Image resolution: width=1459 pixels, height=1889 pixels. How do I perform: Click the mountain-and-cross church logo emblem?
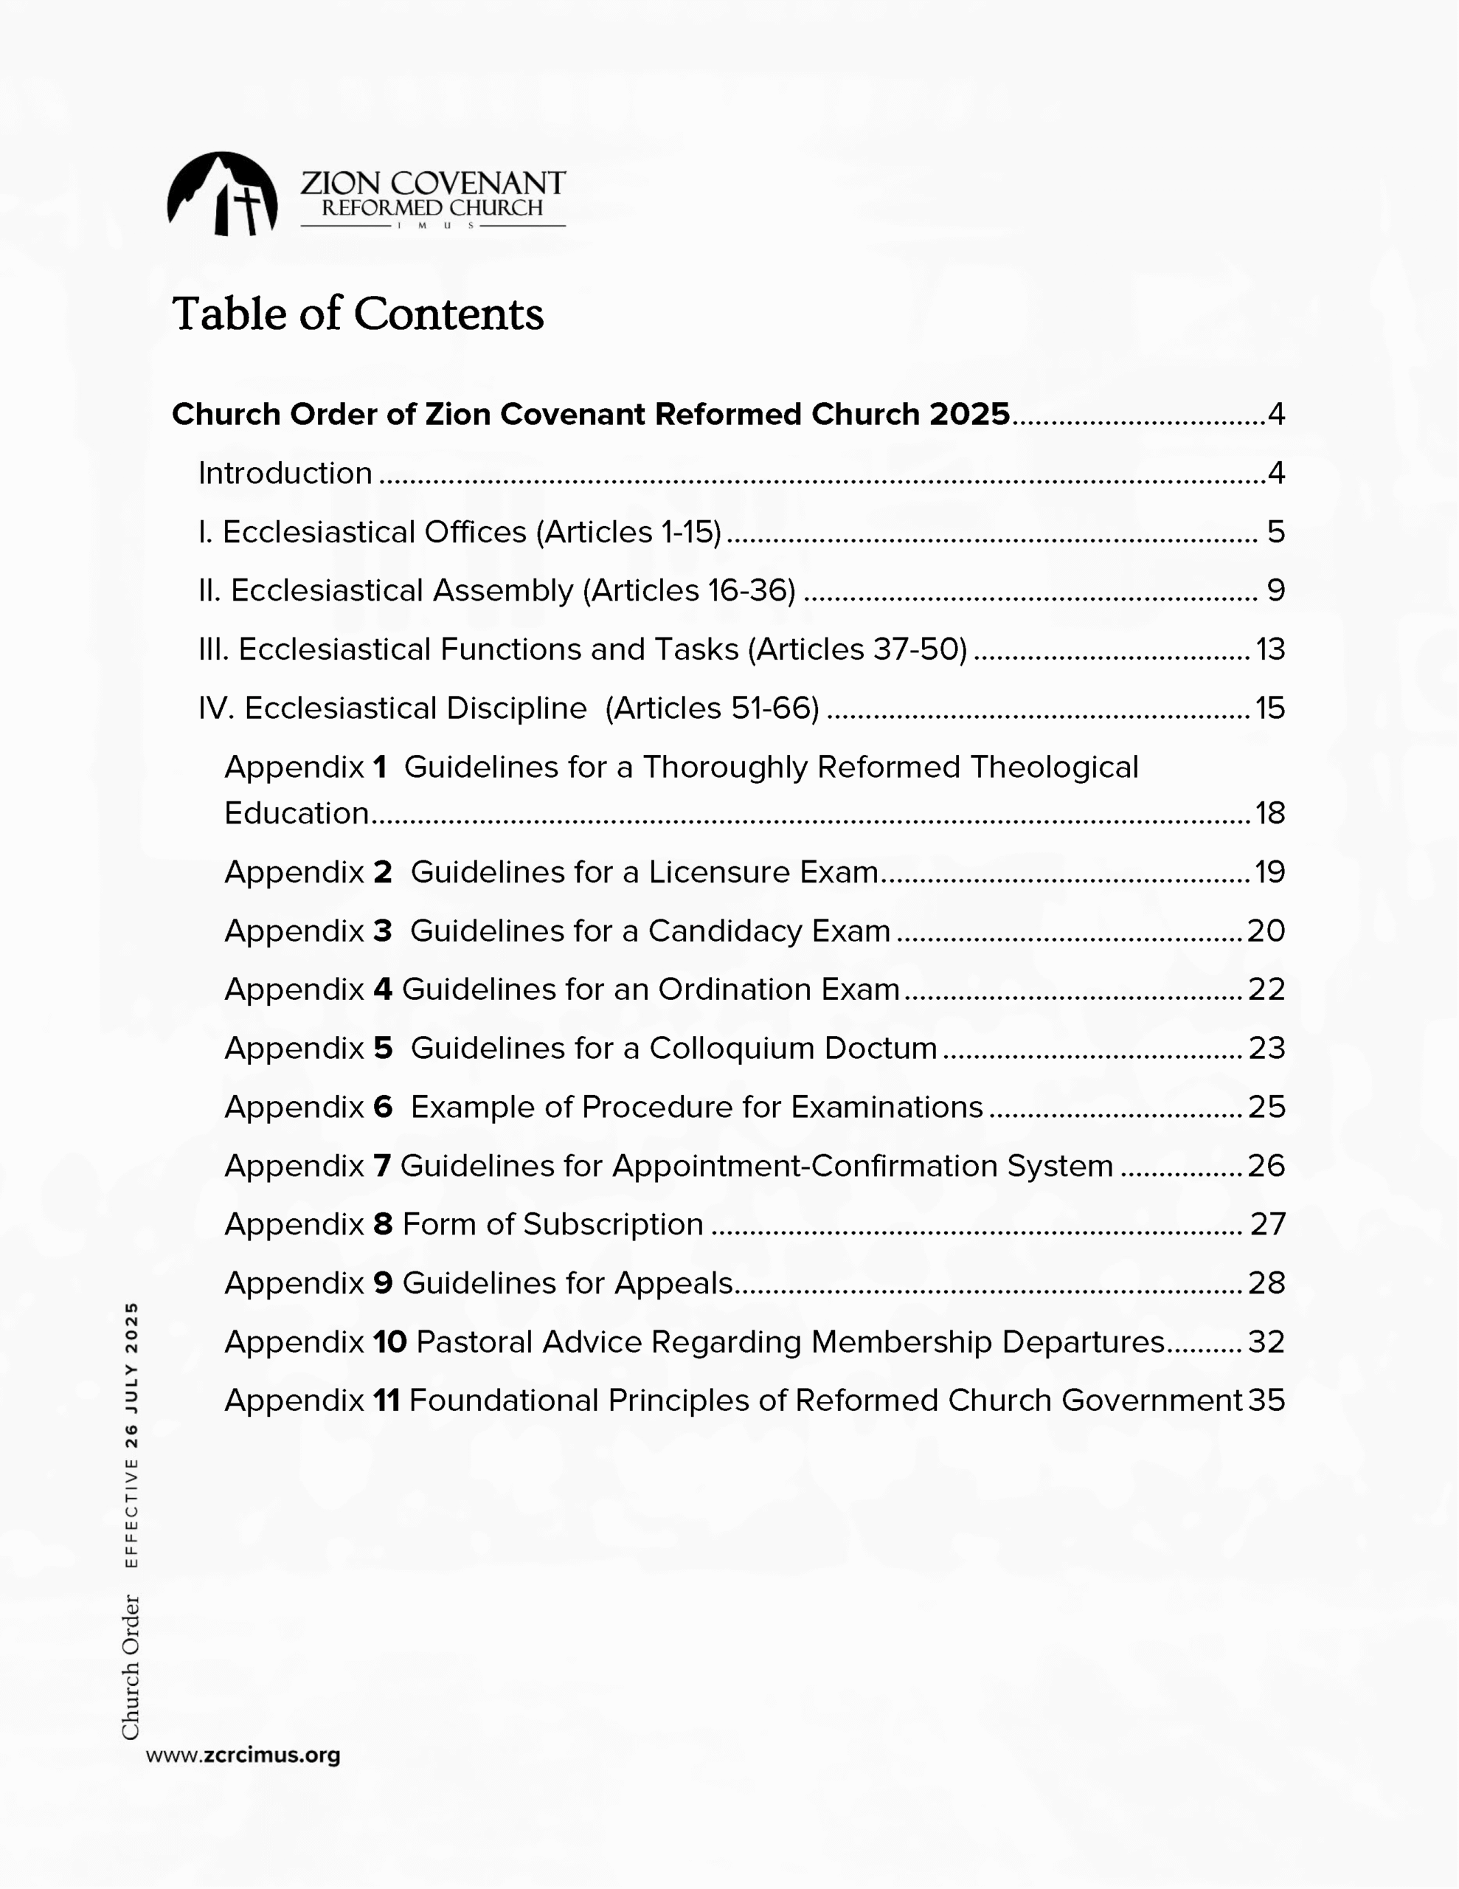click(x=222, y=194)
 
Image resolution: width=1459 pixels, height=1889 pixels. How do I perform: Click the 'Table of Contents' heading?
click(x=357, y=313)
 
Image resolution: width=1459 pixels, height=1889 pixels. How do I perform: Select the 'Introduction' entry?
click(x=285, y=473)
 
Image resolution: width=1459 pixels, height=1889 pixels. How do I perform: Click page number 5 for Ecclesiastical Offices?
click(x=1275, y=532)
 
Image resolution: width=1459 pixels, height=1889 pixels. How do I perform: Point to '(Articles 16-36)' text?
click(x=688, y=591)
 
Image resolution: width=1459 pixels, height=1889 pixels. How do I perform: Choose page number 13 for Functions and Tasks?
click(x=1269, y=649)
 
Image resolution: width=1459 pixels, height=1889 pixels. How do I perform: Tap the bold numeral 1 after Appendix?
click(x=380, y=767)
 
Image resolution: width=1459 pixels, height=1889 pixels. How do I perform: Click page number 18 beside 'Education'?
click(x=1269, y=813)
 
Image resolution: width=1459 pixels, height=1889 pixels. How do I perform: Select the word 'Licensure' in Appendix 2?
click(x=720, y=872)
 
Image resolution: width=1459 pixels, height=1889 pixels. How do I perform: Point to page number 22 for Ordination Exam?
click(x=1266, y=989)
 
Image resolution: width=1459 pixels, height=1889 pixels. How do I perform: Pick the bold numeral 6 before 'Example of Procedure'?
click(x=383, y=1107)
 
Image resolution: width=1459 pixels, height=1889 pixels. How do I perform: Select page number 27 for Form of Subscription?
click(x=1268, y=1225)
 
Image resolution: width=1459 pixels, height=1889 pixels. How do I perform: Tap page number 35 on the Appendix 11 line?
click(x=1266, y=1401)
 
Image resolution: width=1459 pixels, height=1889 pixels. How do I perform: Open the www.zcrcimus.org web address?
click(x=243, y=1755)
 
